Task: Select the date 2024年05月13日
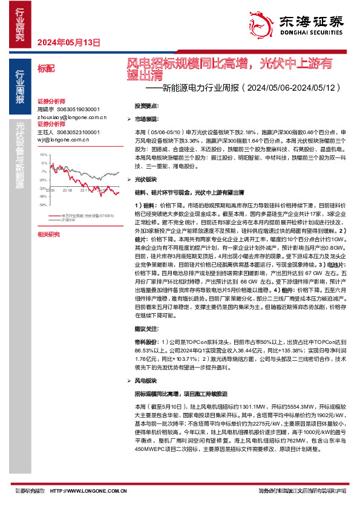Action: [68, 42]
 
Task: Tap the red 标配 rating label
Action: [45, 68]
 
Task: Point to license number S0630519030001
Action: [78, 110]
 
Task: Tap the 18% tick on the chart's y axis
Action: [43, 155]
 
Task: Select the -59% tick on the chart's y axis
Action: [42, 204]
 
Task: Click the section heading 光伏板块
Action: [146, 180]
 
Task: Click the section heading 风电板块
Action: [146, 381]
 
